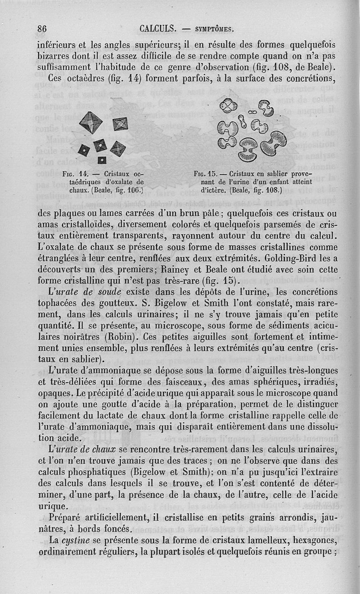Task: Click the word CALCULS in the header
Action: [157, 29]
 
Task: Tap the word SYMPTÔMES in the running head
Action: [213, 30]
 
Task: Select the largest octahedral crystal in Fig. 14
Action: [91, 123]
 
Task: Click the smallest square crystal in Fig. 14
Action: [102, 160]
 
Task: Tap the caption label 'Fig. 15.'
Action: [205, 174]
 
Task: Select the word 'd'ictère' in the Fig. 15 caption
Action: [213, 190]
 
